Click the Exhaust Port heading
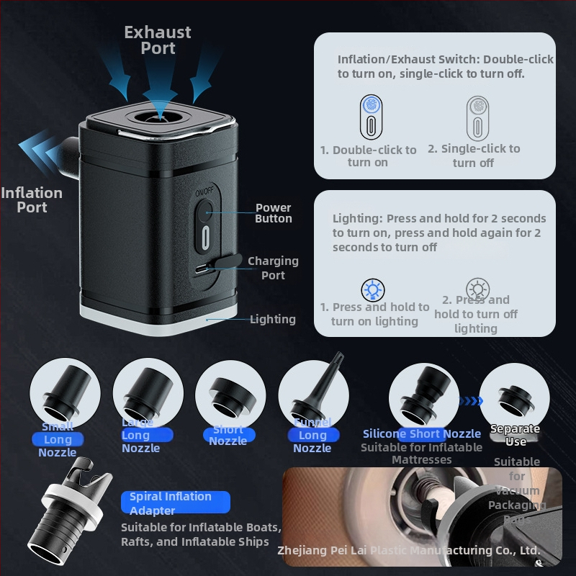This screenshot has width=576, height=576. pyautogui.click(x=158, y=40)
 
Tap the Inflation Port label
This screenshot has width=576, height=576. pyautogui.click(x=32, y=199)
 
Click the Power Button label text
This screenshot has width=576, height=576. pyautogui.click(x=274, y=213)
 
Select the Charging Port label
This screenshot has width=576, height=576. pyautogui.click(x=273, y=268)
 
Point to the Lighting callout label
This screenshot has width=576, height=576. pyautogui.click(x=272, y=319)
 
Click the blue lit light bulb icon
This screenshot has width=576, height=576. pyautogui.click(x=372, y=289)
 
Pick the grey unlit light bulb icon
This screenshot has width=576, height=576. pyautogui.click(x=475, y=289)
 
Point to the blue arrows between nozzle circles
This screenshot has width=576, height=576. pyautogui.click(x=470, y=402)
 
